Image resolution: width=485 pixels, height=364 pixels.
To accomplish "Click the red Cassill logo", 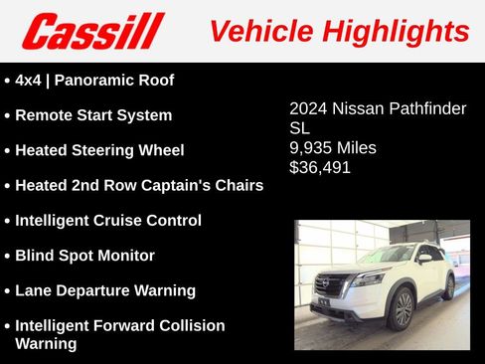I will tap(92, 31).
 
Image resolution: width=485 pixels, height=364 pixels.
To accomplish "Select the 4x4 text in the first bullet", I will tap(31, 80).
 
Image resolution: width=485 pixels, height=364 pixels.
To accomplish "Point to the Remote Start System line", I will tap(93, 115).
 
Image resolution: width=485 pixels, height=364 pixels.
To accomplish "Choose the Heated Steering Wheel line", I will tap(99, 150).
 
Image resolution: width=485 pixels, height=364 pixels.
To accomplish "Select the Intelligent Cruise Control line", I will tap(108, 220).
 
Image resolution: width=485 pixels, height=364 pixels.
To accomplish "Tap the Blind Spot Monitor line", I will tap(85, 256).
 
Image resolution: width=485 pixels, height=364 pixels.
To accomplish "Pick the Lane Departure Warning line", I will tap(105, 290).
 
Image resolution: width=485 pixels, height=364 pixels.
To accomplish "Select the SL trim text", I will tap(300, 128).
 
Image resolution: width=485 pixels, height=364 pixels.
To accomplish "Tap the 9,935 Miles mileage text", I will tap(333, 148).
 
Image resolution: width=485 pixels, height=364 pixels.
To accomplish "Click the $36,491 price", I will tap(320, 167).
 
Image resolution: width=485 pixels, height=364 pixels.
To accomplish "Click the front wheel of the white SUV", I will tap(402, 309).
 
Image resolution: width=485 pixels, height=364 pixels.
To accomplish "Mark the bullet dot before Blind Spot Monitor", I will tap(8, 257).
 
